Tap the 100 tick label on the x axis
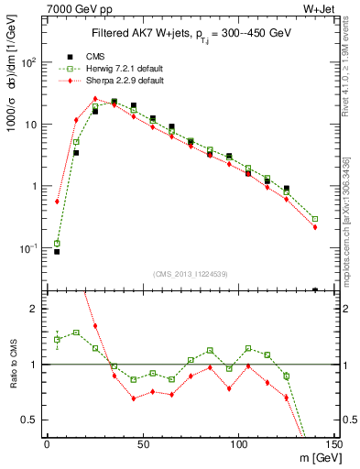pos(238,444)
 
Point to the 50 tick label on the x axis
pos(142,444)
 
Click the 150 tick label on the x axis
pos(334,444)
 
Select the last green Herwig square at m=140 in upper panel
pos(315,219)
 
